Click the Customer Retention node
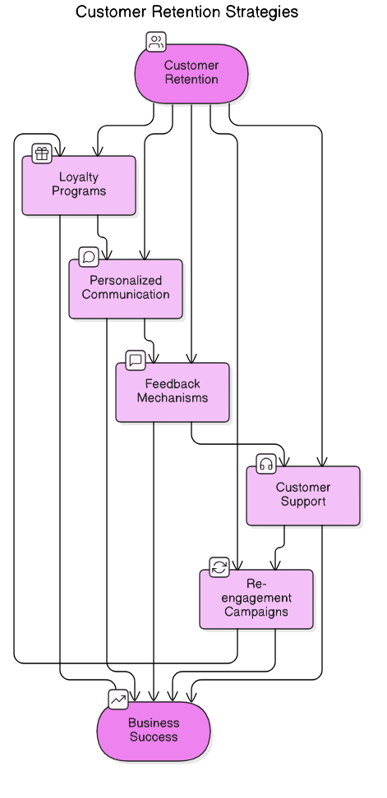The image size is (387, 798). (x=191, y=73)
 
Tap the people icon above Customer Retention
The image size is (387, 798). (x=155, y=42)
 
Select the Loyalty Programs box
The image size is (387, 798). (x=79, y=186)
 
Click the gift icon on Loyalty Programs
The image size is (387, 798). (x=42, y=154)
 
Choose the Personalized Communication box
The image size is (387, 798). (x=126, y=289)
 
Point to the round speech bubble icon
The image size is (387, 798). (x=89, y=257)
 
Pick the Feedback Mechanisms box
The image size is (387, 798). (x=173, y=392)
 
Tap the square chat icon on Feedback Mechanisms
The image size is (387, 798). (x=136, y=360)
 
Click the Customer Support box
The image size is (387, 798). (x=303, y=495)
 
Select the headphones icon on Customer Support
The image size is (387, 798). (x=265, y=464)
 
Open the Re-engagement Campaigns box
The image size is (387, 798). (x=256, y=599)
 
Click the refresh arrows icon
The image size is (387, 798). (x=219, y=567)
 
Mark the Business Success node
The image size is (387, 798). (x=154, y=731)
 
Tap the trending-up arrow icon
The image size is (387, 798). (x=118, y=699)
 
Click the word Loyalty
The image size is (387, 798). (x=79, y=177)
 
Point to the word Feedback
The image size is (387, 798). (x=173, y=383)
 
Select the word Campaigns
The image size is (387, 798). (x=256, y=612)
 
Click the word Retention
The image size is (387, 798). (x=191, y=80)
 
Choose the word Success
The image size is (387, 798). (x=154, y=737)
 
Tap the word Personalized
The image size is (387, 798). (x=126, y=281)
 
